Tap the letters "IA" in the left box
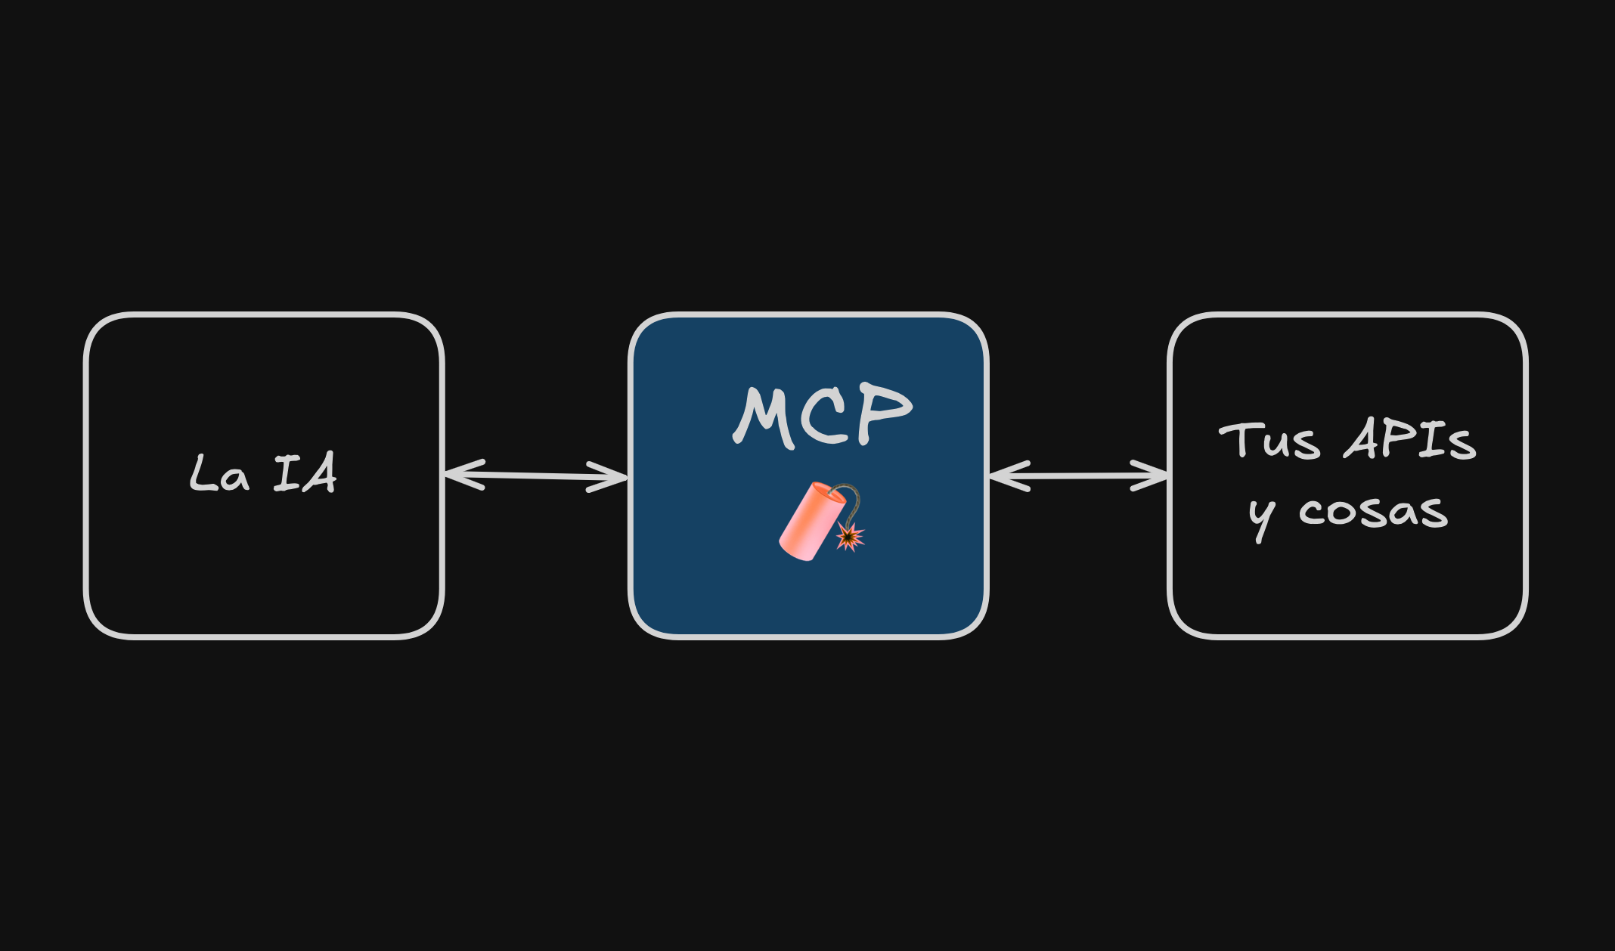[305, 474]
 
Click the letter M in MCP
[765, 417]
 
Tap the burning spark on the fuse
[850, 537]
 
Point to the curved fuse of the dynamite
[853, 499]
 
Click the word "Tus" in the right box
[1269, 440]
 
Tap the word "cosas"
[1373, 511]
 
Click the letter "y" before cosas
[1261, 519]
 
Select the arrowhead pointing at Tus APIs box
[1152, 475]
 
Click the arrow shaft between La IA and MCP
[535, 475]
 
